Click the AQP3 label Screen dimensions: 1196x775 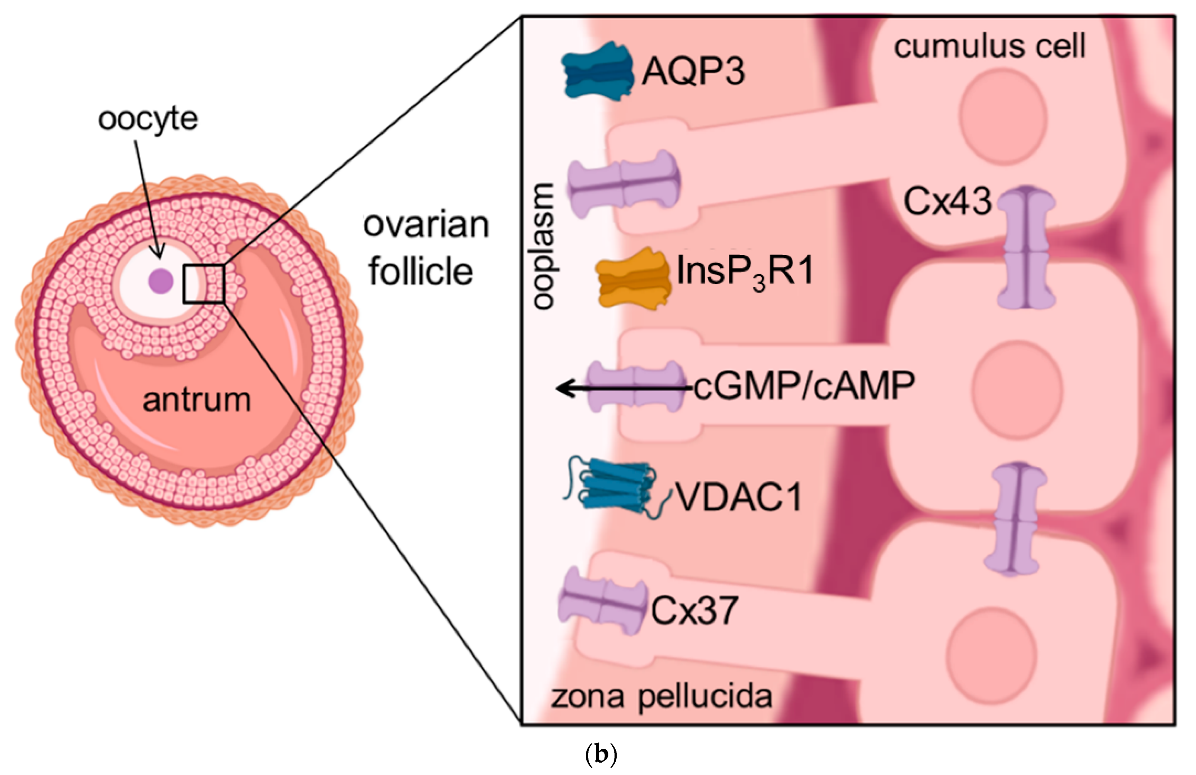coord(693,72)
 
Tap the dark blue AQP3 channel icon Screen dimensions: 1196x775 coord(597,71)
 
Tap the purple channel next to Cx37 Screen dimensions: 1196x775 coord(602,601)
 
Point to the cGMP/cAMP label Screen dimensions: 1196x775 coord(804,387)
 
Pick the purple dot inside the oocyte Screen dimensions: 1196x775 coord(161,281)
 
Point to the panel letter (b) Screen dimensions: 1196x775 coord(601,755)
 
